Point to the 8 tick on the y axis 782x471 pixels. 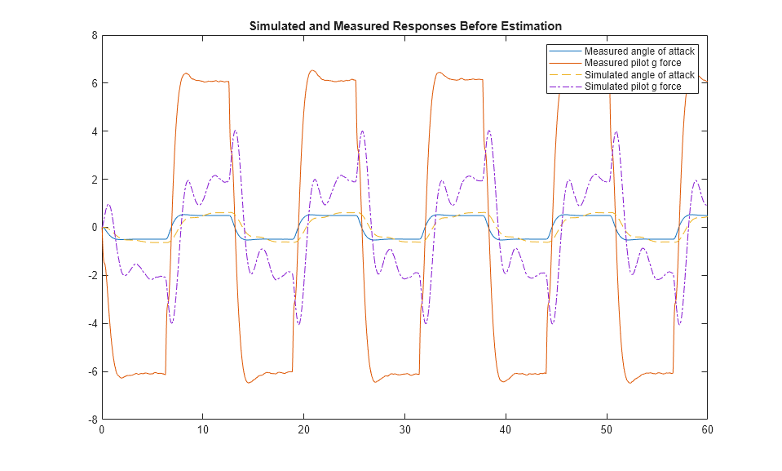(x=95, y=35)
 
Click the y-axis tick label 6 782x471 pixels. (x=95, y=83)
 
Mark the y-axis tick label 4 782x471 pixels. (x=95, y=131)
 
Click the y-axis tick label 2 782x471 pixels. (x=95, y=179)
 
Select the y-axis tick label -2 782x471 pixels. (x=93, y=275)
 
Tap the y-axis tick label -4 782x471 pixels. (x=93, y=323)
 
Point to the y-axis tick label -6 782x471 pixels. (x=93, y=371)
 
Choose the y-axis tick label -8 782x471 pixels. (x=93, y=419)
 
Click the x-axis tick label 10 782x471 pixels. (x=203, y=429)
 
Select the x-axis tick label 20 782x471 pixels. (x=303, y=429)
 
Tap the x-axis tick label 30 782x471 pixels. (x=404, y=429)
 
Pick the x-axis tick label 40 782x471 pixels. (x=506, y=429)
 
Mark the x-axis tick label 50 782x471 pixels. (x=606, y=429)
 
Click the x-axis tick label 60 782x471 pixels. (x=707, y=429)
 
